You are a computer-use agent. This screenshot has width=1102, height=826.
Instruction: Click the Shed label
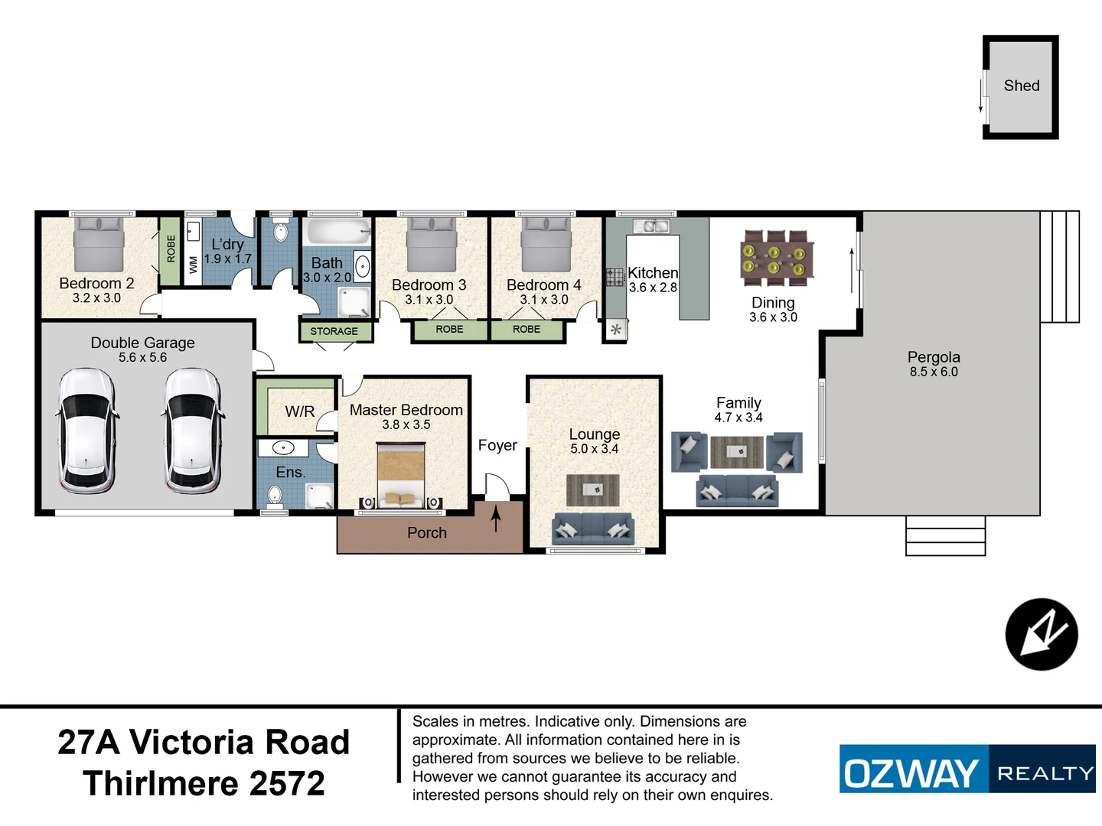click(x=1021, y=86)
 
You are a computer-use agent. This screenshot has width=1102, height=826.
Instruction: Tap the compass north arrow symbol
click(x=1042, y=634)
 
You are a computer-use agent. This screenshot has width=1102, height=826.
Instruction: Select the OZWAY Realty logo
click(x=967, y=769)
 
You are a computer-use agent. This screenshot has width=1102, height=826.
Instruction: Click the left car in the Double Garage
click(x=86, y=431)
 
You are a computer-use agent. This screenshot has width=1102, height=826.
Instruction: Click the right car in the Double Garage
click(x=192, y=431)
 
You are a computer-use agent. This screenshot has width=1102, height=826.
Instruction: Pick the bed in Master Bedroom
click(x=402, y=476)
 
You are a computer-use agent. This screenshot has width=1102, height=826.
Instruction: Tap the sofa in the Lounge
click(x=593, y=528)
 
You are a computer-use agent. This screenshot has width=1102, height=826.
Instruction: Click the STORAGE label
click(x=334, y=331)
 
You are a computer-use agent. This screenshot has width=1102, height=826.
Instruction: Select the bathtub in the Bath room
click(x=337, y=232)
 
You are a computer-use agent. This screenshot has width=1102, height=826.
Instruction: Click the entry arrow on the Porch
click(x=496, y=520)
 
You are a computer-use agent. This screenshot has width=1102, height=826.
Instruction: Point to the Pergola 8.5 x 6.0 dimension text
click(x=934, y=372)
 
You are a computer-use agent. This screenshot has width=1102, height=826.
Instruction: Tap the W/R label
click(x=299, y=411)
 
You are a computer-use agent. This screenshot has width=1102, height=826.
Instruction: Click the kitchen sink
click(x=650, y=226)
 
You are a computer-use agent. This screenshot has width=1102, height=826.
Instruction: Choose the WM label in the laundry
click(x=193, y=265)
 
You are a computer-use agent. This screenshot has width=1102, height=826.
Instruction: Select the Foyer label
click(x=497, y=445)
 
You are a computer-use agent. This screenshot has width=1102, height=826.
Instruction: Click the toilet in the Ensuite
click(x=275, y=497)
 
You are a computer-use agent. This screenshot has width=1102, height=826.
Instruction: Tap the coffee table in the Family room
click(x=736, y=451)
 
